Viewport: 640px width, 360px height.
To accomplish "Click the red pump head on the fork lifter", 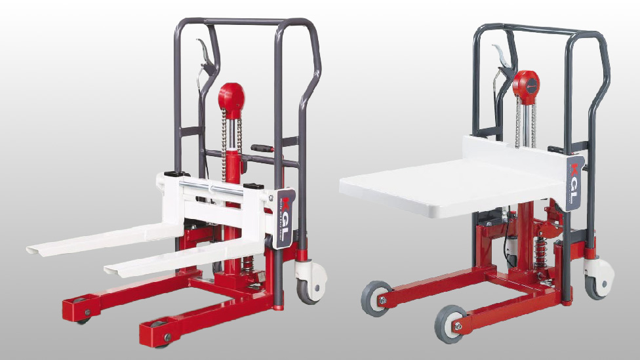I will pos(230,98).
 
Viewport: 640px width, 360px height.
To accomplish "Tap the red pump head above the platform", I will pos(525,83).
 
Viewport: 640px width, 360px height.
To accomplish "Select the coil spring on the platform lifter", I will pos(540,252).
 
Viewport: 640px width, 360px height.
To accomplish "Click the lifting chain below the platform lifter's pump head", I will pos(519,118).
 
